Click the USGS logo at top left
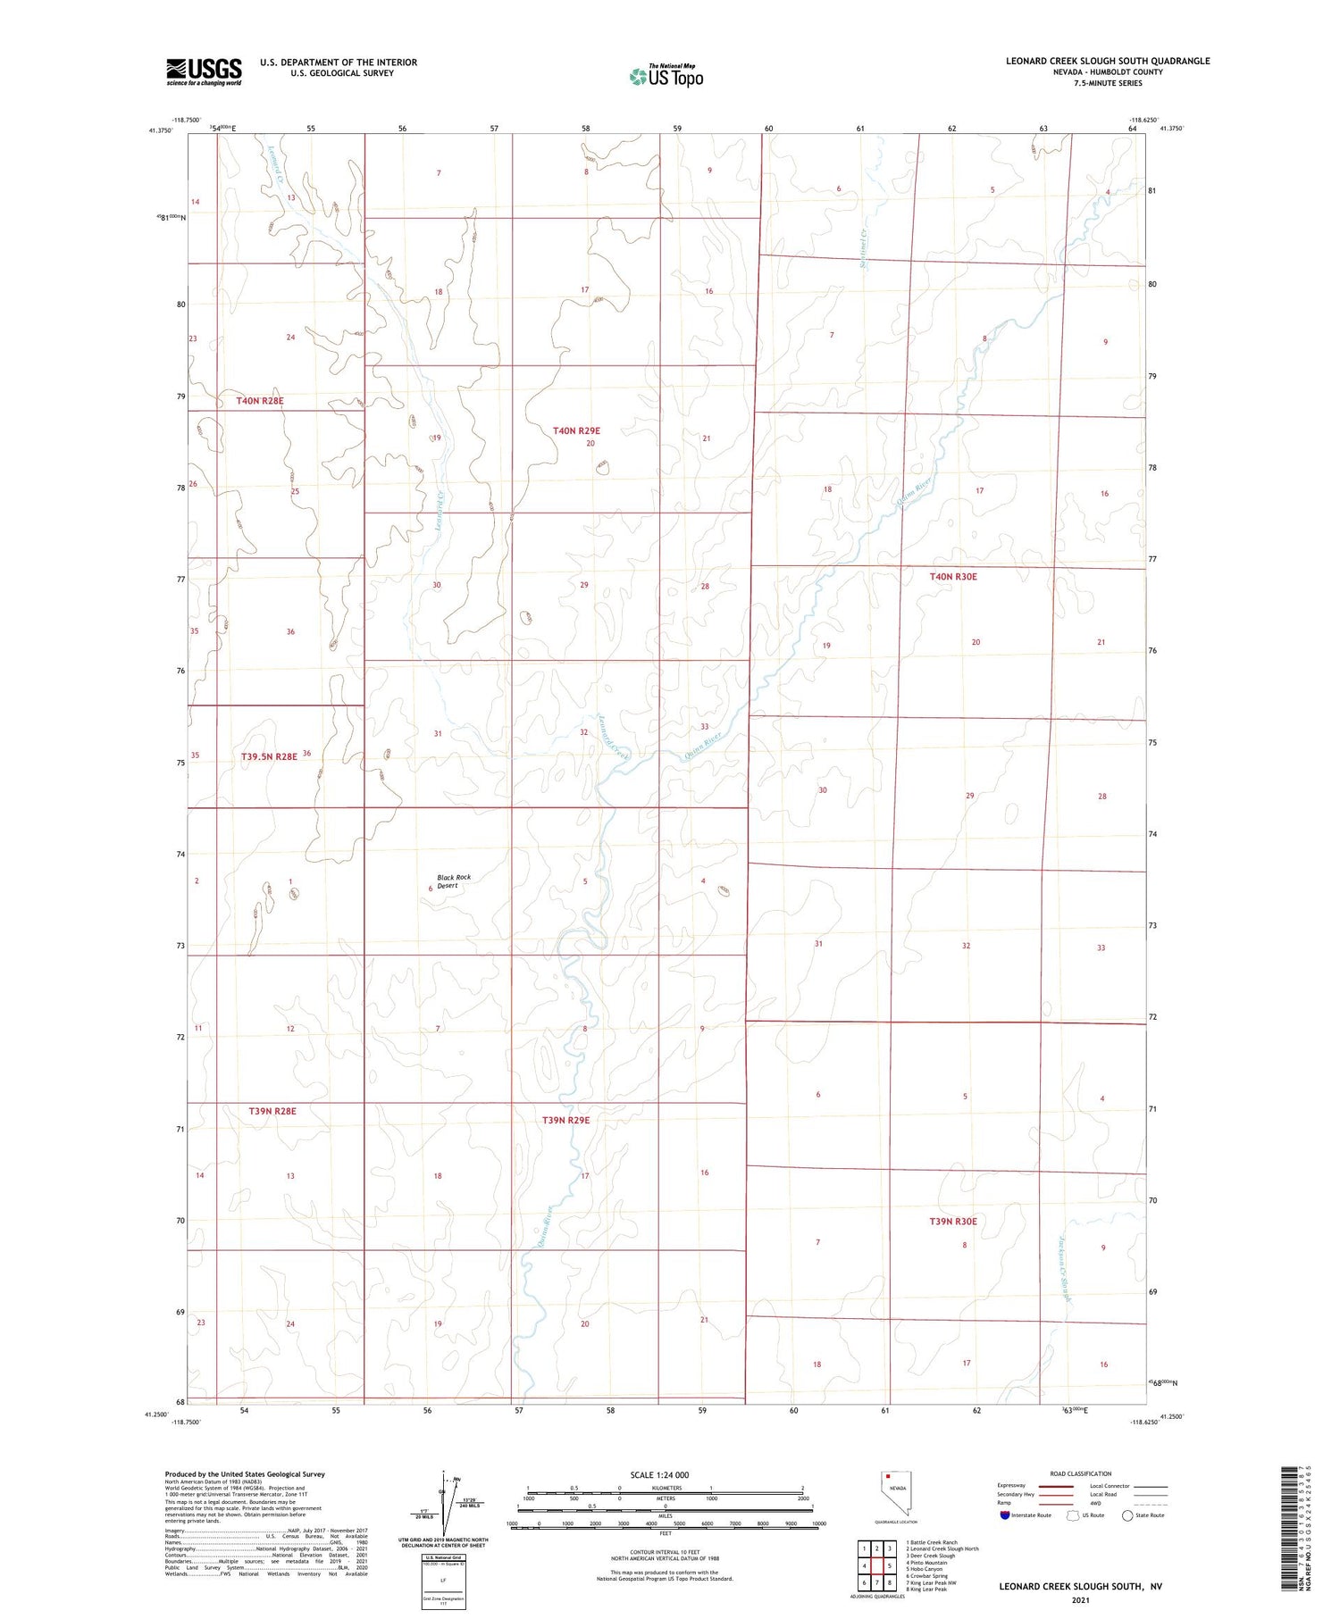(204, 71)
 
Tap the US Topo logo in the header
(666, 76)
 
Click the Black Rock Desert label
(453, 881)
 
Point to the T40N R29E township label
(576, 430)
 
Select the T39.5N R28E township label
(269, 756)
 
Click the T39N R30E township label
(953, 1221)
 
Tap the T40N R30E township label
(953, 577)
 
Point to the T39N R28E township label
(272, 1111)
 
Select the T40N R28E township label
(260, 401)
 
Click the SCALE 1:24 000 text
(659, 1474)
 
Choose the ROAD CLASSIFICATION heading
(1081, 1473)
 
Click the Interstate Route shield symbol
(1005, 1515)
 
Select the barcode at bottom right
(1294, 1527)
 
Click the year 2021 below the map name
(1081, 1599)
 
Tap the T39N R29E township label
(566, 1120)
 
